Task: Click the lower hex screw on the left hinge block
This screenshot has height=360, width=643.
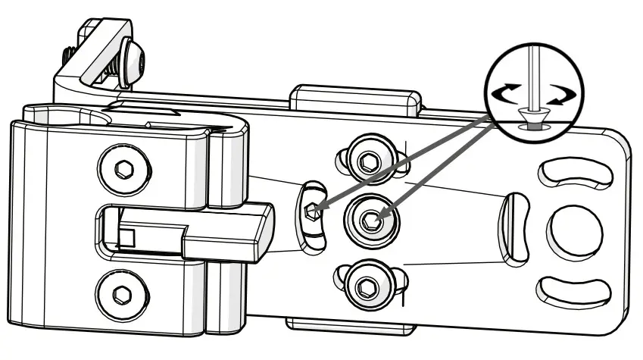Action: (x=121, y=293)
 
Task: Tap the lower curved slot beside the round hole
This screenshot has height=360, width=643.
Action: (x=573, y=290)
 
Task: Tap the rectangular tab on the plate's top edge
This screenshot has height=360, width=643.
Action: (x=354, y=98)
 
